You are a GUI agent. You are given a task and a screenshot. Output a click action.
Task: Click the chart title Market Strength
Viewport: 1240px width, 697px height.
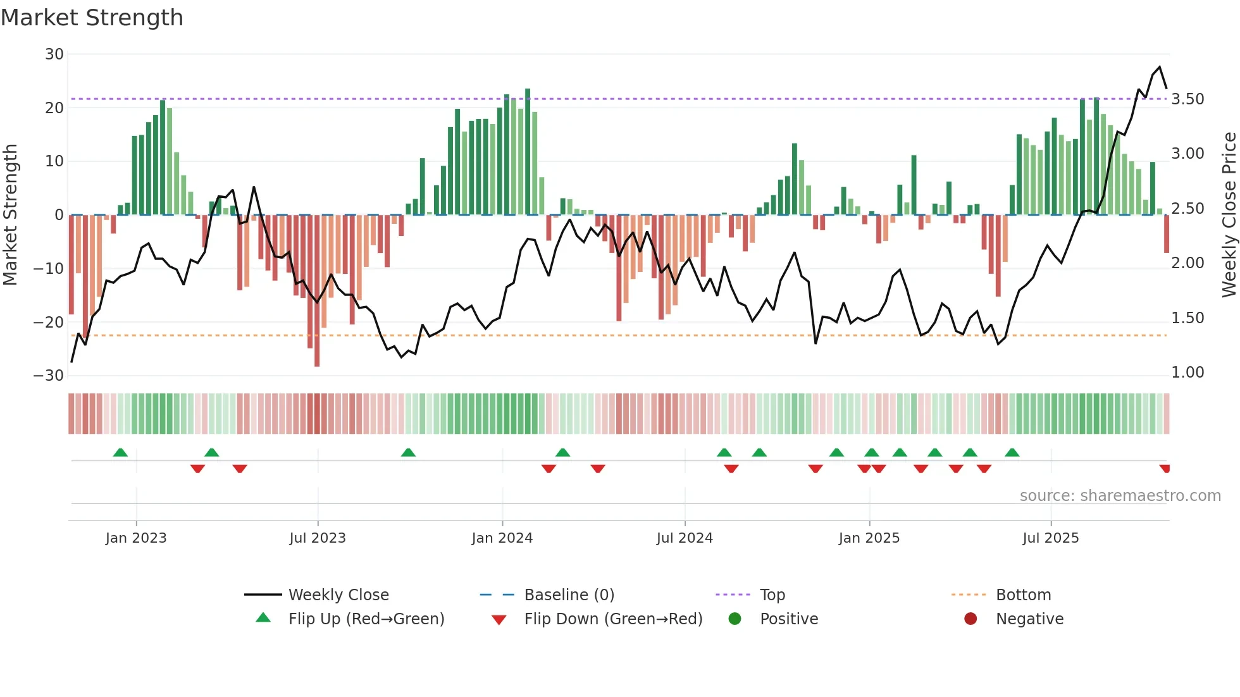(92, 18)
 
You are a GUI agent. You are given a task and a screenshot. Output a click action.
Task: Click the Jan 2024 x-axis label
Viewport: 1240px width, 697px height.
(502, 538)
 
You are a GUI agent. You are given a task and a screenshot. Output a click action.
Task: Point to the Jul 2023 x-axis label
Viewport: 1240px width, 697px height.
(317, 538)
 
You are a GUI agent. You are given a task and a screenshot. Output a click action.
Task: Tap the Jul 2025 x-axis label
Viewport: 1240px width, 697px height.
(1050, 538)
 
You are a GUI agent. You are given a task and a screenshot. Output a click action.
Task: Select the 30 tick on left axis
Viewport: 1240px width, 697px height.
(54, 54)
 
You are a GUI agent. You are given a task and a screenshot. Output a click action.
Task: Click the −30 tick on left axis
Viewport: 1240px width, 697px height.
(49, 376)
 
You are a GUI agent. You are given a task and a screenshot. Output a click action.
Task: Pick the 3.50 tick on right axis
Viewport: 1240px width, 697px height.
(1187, 99)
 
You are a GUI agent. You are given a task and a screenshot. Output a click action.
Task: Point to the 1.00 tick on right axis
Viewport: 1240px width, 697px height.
(1187, 373)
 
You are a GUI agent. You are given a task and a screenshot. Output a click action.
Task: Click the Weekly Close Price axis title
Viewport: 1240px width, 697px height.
(1229, 214)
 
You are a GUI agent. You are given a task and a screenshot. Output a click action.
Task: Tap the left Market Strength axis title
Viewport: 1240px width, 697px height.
(11, 214)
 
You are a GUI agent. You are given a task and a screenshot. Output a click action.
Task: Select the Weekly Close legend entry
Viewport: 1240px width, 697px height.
(338, 595)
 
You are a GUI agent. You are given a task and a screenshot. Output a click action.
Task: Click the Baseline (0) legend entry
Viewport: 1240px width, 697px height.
(569, 595)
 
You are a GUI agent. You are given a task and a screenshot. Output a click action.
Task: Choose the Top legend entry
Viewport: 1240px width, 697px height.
(772, 595)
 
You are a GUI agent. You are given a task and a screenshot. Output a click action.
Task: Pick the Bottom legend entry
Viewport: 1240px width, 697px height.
(1023, 595)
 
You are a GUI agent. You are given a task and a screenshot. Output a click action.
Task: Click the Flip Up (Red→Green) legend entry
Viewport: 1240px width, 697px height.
(366, 619)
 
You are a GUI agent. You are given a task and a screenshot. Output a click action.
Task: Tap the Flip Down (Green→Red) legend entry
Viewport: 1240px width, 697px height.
(613, 619)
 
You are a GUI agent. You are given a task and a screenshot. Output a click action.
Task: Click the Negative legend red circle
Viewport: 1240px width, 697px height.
(970, 619)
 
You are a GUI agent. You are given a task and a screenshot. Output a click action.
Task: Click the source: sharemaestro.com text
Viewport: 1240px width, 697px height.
(1120, 496)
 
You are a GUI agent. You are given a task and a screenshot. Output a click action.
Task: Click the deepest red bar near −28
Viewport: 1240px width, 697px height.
(317, 291)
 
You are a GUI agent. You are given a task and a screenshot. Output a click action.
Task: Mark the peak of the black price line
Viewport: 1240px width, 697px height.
(1159, 67)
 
